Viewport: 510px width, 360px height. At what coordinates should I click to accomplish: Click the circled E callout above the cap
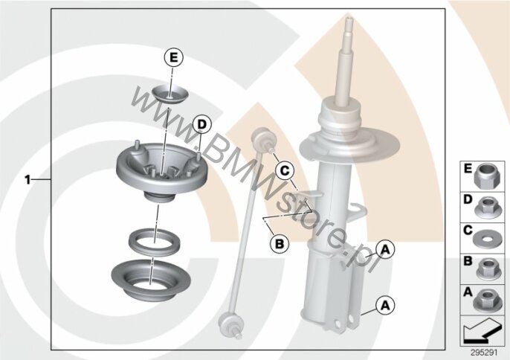(x=174, y=58)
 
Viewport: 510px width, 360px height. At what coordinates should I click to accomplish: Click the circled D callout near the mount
(x=202, y=124)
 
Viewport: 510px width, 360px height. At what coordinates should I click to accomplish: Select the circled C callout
(x=284, y=170)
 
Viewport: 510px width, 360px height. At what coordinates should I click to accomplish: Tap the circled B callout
(x=280, y=243)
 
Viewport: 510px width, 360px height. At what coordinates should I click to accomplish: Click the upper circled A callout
(x=385, y=250)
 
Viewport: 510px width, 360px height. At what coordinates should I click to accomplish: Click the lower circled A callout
(x=385, y=305)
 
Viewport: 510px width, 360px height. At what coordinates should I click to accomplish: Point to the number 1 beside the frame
(x=28, y=180)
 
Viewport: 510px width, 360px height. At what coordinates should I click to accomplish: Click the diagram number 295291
(x=484, y=353)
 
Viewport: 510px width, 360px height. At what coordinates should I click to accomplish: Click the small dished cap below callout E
(x=170, y=94)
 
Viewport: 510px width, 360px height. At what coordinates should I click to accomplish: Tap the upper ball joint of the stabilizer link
(x=263, y=140)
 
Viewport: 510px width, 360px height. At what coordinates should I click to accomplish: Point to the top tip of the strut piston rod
(x=349, y=19)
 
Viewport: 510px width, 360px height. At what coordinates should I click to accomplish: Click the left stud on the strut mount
(x=138, y=146)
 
